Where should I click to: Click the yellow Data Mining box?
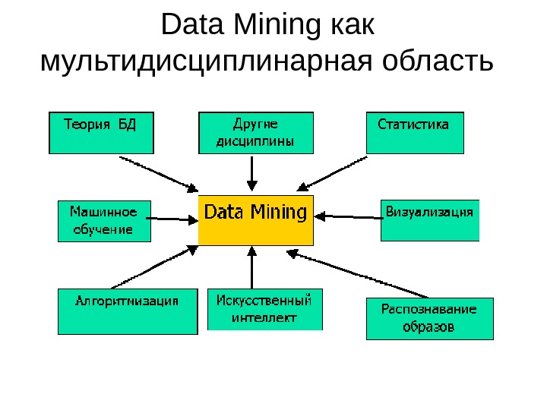[255, 220]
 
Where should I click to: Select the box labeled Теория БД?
[101, 133]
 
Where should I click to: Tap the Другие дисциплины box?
[255, 133]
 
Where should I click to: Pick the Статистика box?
[415, 133]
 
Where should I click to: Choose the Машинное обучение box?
[104, 220]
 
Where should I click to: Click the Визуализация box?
[430, 220]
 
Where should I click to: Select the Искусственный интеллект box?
[264, 309]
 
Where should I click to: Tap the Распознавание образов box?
[429, 319]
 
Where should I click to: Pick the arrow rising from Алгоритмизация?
[152, 266]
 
